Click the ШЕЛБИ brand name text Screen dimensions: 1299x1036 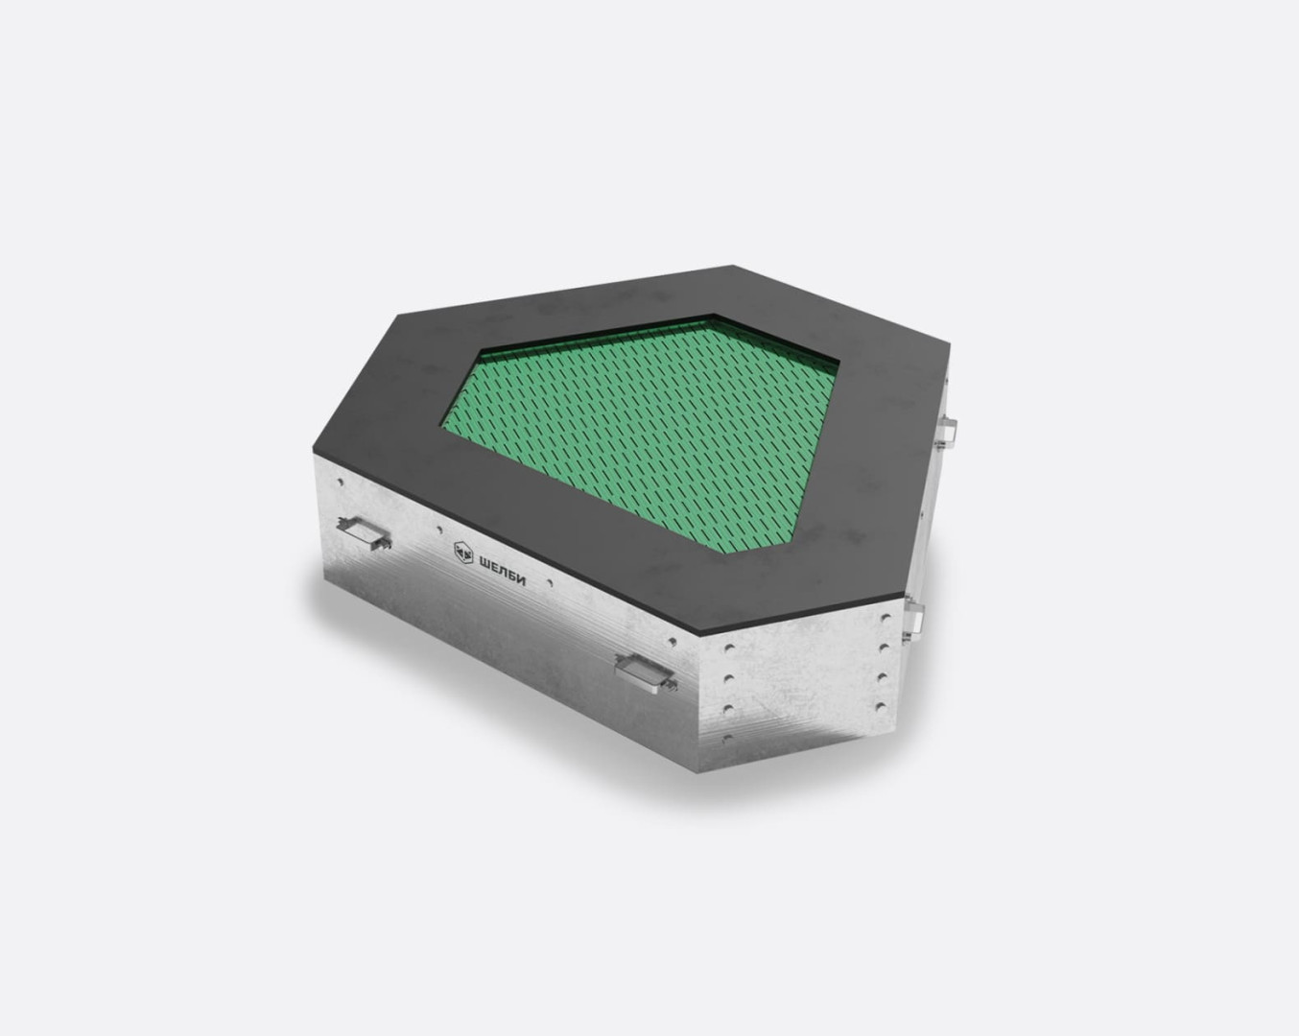(x=502, y=569)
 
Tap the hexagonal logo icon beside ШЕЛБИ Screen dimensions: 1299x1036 (x=463, y=552)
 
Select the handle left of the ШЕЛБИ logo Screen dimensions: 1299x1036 (x=364, y=533)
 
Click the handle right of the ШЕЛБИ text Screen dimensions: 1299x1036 (x=646, y=671)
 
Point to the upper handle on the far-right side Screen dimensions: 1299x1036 (x=945, y=432)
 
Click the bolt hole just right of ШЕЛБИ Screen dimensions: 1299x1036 (x=549, y=584)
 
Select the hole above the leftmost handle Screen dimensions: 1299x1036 (x=341, y=483)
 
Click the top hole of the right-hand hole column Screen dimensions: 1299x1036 (x=886, y=618)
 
